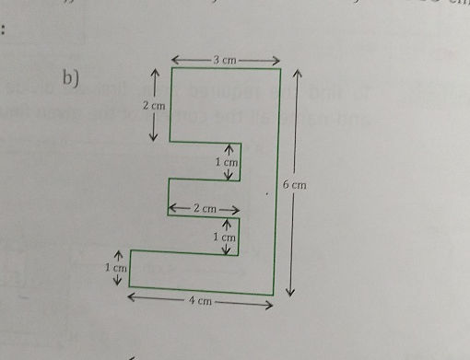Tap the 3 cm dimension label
coord(225,60)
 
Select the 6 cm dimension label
coord(294,185)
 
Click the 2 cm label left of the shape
coord(153,107)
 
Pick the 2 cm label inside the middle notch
coord(205,209)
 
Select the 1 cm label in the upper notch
coord(226,162)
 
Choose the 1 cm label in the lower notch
coord(225,238)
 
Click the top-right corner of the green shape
coord(280,68)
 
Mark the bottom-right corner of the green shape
coord(274,295)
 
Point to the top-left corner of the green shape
coord(170,68)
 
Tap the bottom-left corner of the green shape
coord(130,286)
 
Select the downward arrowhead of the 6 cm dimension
coord(291,293)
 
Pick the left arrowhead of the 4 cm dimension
coord(132,296)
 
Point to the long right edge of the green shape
coord(277,184)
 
